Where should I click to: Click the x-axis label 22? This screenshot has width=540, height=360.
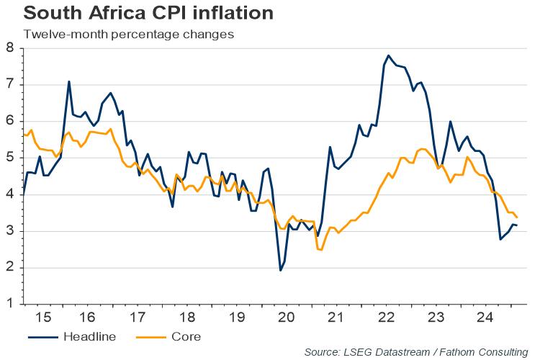pyautogui.click(x=385, y=318)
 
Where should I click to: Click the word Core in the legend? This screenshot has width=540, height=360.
pyautogui.click(x=186, y=336)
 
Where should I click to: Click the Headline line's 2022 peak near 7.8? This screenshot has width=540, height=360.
pyautogui.click(x=389, y=55)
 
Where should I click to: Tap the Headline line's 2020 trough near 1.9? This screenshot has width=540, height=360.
pyautogui.click(x=280, y=270)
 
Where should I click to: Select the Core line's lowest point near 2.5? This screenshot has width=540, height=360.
pyautogui.click(x=320, y=249)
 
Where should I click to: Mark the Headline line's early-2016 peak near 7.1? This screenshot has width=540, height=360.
pyautogui.click(x=69, y=81)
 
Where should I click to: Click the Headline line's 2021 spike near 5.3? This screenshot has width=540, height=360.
pyautogui.click(x=330, y=147)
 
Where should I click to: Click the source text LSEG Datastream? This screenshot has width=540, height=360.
pyautogui.click(x=384, y=352)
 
